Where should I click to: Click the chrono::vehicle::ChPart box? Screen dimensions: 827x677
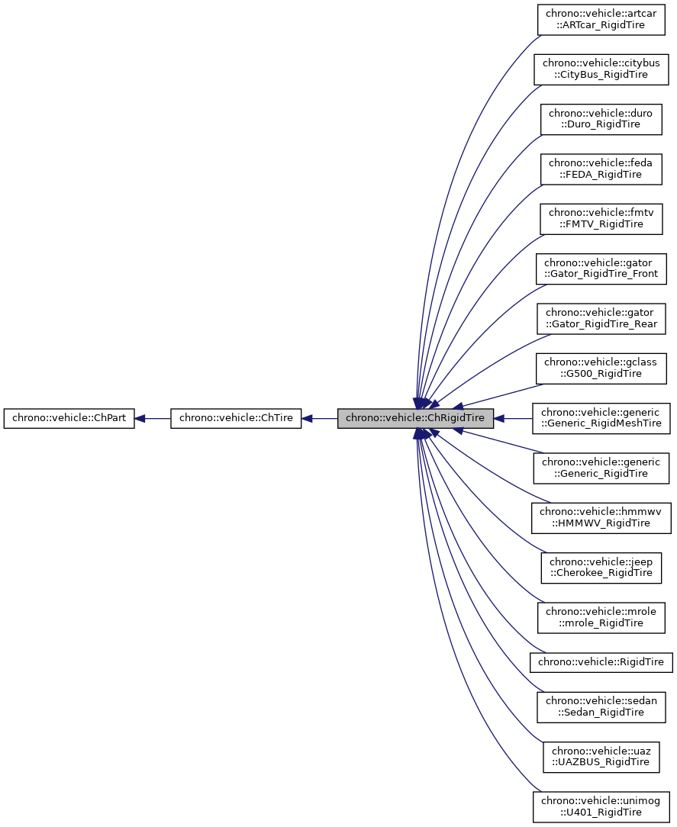point(69,418)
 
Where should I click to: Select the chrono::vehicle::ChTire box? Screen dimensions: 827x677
point(237,418)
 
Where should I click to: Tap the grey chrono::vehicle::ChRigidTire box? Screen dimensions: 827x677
point(416,418)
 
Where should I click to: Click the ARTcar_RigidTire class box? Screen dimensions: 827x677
point(601,19)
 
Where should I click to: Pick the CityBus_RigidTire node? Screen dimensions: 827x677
point(601,69)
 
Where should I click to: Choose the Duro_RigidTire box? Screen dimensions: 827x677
point(601,119)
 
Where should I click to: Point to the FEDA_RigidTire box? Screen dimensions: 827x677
point(601,169)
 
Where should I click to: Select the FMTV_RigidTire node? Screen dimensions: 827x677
point(601,218)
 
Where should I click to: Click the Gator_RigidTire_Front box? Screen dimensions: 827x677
point(601,269)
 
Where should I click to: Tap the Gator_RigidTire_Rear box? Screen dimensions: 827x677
point(601,318)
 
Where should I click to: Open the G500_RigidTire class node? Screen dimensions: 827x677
point(601,368)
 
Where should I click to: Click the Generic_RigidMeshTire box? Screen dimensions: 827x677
point(601,418)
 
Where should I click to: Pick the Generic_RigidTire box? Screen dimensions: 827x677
point(601,468)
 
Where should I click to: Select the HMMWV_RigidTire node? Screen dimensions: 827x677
point(601,517)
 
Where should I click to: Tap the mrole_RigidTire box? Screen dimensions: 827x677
point(601,617)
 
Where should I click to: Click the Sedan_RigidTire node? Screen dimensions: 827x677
point(601,706)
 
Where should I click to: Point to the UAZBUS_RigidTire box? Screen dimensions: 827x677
point(601,756)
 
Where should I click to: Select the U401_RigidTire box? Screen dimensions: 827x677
point(601,806)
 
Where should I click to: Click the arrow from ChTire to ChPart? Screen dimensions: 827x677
point(153,418)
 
